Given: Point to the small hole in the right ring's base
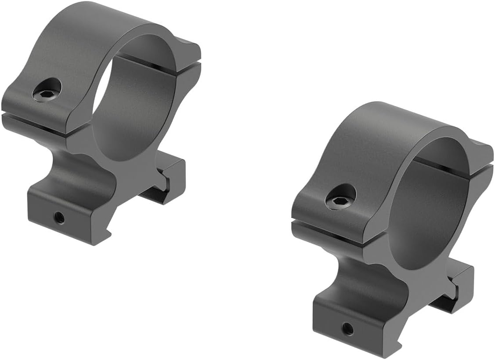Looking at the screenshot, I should click(347, 327).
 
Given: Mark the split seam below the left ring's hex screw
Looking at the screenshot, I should click(35, 119).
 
